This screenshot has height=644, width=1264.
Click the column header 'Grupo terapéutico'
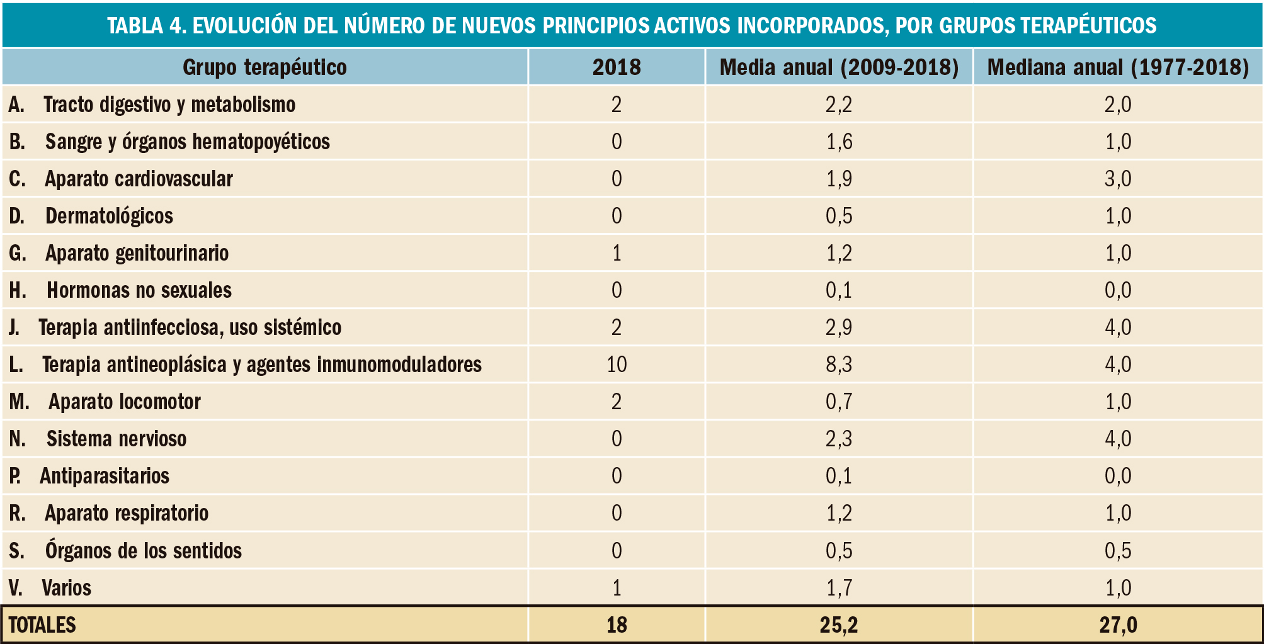click(x=265, y=67)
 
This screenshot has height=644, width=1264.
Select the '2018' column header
click(x=617, y=67)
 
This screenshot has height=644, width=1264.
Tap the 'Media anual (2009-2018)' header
click(x=839, y=67)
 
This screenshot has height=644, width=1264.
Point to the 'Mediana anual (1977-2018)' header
click(x=1118, y=67)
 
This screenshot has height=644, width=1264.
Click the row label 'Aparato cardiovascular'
click(x=139, y=179)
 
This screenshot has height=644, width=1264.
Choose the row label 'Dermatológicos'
click(x=109, y=216)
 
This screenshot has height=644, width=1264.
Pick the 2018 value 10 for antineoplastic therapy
click(x=617, y=364)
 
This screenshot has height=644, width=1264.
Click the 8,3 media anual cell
click(x=839, y=364)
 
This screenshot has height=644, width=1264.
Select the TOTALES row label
click(x=42, y=625)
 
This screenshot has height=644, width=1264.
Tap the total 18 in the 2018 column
click(x=617, y=625)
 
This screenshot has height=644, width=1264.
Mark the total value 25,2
click(x=839, y=625)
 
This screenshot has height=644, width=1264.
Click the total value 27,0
click(x=1118, y=625)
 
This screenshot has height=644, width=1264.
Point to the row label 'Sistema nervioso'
click(x=117, y=439)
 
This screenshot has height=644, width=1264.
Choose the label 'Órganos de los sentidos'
click(x=143, y=551)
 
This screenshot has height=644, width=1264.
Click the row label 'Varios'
click(x=66, y=588)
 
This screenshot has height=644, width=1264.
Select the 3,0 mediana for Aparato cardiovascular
click(x=1118, y=179)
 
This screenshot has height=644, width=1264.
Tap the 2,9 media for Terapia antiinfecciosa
click(x=839, y=327)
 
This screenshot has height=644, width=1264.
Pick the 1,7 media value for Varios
click(x=839, y=588)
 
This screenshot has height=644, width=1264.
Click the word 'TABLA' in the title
click(x=135, y=25)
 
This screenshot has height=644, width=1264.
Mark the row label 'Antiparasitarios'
click(x=105, y=476)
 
